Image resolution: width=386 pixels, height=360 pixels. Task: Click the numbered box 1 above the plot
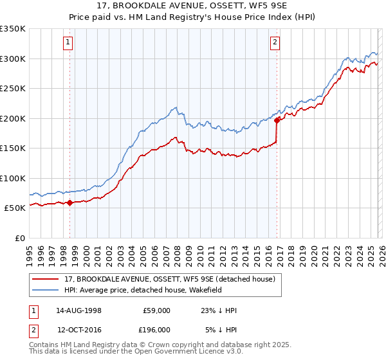click(68, 43)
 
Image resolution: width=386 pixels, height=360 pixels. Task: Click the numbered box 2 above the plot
click(275, 43)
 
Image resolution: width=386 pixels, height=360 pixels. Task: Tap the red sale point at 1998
click(69, 203)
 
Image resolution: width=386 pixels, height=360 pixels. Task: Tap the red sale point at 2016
click(277, 120)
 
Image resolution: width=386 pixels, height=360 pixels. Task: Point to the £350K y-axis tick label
click(13, 29)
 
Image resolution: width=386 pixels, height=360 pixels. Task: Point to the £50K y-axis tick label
click(15, 208)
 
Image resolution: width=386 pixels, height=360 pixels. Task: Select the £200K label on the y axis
click(13, 118)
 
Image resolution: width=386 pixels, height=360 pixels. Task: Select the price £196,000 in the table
click(156, 329)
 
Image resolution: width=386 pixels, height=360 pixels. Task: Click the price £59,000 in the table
click(156, 310)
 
